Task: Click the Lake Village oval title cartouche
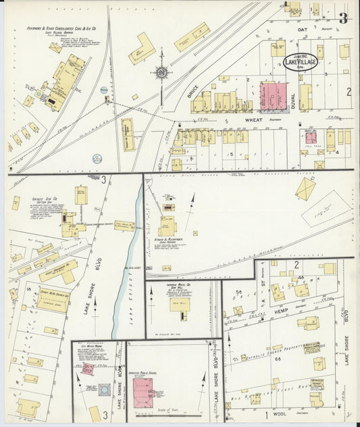point(301,61)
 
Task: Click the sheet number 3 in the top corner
point(343,18)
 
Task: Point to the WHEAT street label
point(253,120)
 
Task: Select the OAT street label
point(301,30)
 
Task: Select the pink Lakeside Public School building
point(147,391)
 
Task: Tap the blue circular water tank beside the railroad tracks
point(104,89)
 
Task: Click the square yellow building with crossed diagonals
point(305,189)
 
